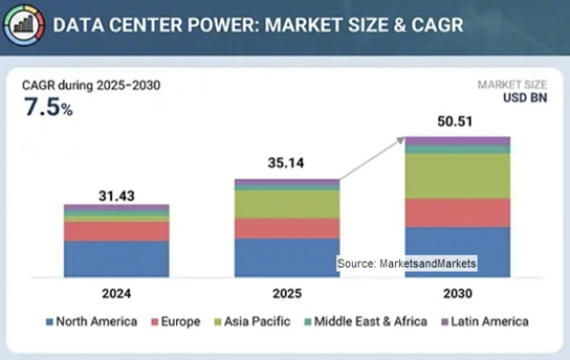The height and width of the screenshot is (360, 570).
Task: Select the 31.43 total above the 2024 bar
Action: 116,194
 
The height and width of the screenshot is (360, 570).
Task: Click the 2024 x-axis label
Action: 116,293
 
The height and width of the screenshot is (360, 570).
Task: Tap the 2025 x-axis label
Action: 286,293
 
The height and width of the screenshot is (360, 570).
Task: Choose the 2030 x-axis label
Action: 457,293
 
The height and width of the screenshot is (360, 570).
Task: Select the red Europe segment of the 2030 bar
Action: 457,212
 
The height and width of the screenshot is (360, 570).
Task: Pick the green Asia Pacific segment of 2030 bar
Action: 457,175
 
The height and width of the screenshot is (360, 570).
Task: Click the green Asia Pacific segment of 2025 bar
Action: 286,204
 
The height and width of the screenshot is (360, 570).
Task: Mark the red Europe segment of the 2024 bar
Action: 116,231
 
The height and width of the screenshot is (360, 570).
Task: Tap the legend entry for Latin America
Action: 483,322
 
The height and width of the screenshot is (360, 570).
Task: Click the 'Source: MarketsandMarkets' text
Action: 406,264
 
